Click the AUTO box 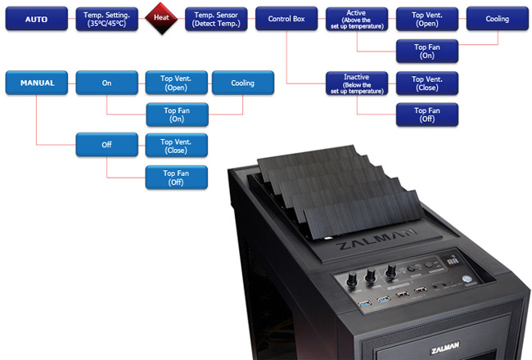pyautogui.click(x=37, y=19)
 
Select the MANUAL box pyautogui.click(x=37, y=83)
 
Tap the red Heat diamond pyautogui.click(x=161, y=18)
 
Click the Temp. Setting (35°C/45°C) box pyautogui.click(x=107, y=20)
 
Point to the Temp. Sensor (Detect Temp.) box pyautogui.click(x=216, y=20)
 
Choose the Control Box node pyautogui.click(x=286, y=19)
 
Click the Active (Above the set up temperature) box pyautogui.click(x=357, y=20)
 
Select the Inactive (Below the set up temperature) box pyautogui.click(x=357, y=83)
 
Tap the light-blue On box pyautogui.click(x=107, y=83)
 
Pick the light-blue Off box pyautogui.click(x=107, y=145)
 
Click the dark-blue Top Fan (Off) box pyautogui.click(x=427, y=115)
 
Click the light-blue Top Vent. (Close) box pyautogui.click(x=177, y=146)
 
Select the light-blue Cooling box pyautogui.click(x=243, y=83)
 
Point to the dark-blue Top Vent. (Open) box pyautogui.click(x=427, y=20)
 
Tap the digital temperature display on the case pyautogui.click(x=453, y=260)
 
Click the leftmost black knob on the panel pyautogui.click(x=351, y=279)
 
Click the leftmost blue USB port pyautogui.click(x=364, y=304)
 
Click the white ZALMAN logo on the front pyautogui.click(x=444, y=348)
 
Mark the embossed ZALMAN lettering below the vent pyautogui.click(x=376, y=239)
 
